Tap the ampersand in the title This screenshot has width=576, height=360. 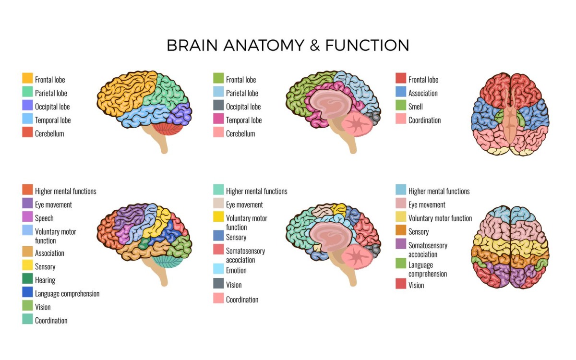point(314,46)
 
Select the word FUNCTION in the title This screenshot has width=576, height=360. point(367,46)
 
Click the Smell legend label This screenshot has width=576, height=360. point(416,107)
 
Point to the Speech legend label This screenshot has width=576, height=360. point(44,218)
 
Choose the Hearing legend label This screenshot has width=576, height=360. point(45,280)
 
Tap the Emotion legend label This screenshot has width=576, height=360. point(236,271)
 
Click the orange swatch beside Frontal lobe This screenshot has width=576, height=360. point(27,78)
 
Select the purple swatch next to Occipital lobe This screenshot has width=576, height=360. point(27,105)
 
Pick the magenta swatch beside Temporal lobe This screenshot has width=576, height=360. point(218,119)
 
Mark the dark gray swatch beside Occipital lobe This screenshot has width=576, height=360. point(218,105)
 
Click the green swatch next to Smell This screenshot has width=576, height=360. point(401,105)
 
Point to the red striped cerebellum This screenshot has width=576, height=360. point(167,128)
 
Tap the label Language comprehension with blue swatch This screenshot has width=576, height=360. point(67,294)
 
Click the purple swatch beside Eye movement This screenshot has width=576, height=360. point(27,203)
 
